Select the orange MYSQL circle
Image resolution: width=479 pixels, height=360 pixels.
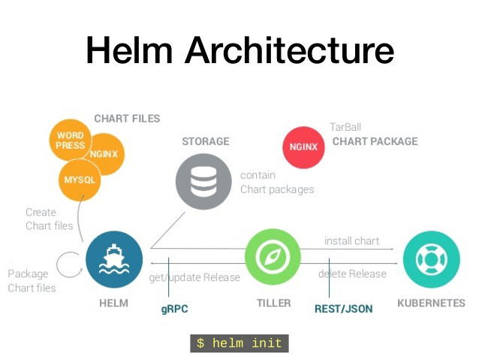79,180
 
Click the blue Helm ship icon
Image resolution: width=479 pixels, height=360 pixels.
114,259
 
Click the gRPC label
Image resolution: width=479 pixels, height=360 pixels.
175,308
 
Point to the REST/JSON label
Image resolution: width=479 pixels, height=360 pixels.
343,308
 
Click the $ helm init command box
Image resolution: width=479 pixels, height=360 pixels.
239,343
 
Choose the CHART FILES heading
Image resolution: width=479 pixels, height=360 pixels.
127,119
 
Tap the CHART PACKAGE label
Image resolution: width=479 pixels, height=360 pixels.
375,141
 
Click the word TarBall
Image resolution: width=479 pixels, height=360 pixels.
345,127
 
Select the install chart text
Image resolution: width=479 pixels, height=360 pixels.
351,241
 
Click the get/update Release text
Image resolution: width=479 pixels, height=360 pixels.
195,277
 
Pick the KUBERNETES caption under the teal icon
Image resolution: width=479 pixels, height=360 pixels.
431,304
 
